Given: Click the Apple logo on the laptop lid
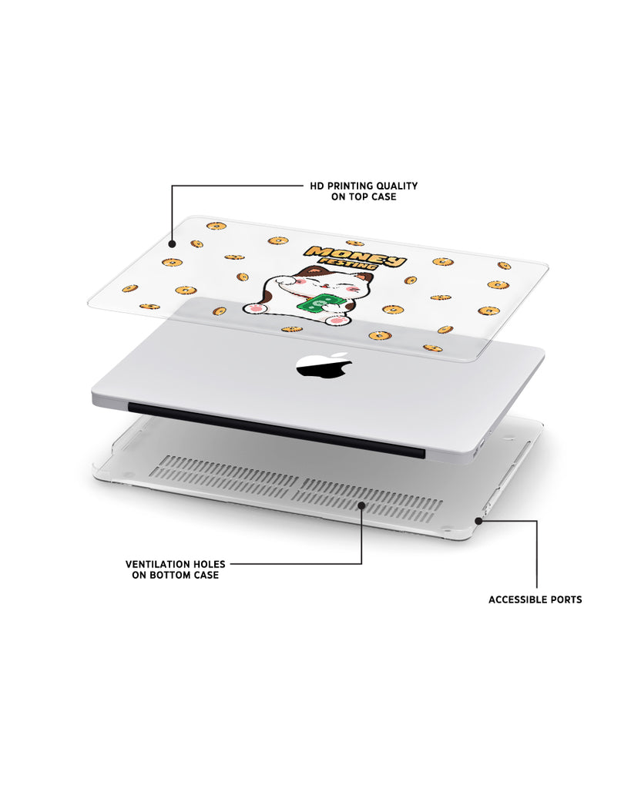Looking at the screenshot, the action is (x=324, y=365).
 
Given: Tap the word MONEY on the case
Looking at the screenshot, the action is (x=356, y=256).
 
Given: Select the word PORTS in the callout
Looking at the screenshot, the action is (x=566, y=599).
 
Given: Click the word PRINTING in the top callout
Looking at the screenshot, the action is (x=349, y=186).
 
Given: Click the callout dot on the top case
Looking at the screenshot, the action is (x=172, y=244).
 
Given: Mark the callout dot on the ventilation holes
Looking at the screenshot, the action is (x=361, y=504).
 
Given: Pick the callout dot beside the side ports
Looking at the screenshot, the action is (x=478, y=521).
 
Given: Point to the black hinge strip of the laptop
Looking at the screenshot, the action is (x=277, y=429).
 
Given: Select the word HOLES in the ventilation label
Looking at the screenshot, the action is (x=211, y=564).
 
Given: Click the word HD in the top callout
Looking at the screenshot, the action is (x=317, y=186).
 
